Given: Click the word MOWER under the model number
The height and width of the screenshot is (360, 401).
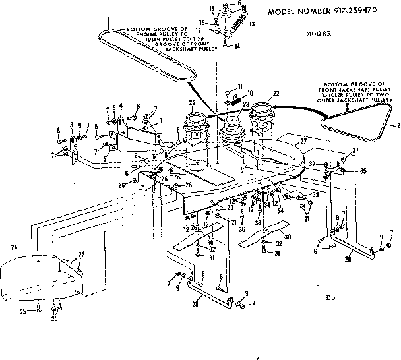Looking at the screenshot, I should pyautogui.click(x=319, y=32).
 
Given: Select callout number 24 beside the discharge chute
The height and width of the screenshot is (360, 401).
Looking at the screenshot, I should pyautogui.click(x=13, y=248).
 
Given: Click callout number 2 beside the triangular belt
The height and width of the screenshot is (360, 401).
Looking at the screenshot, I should pyautogui.click(x=396, y=125).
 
